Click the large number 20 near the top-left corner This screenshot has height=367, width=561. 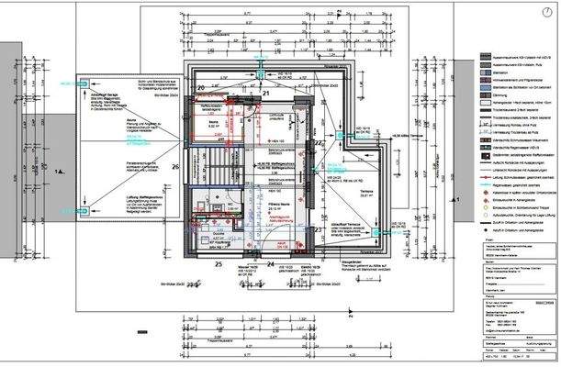[x=201, y=88]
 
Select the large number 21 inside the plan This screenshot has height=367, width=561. [x=266, y=94]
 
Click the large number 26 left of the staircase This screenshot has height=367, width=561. [x=175, y=167]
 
